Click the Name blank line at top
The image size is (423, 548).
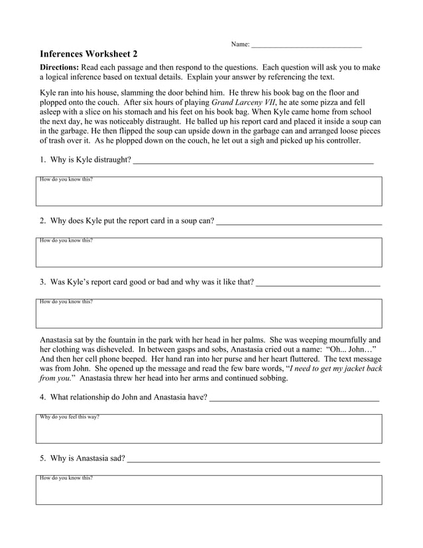pyautogui.click(x=306, y=45)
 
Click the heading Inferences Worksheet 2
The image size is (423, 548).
pyautogui.click(x=89, y=54)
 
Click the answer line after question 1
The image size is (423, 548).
pyautogui.click(x=253, y=161)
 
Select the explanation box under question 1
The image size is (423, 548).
pyautogui.click(x=209, y=192)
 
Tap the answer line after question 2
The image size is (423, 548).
pyautogui.click(x=299, y=222)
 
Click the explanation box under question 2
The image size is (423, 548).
pyautogui.click(x=209, y=253)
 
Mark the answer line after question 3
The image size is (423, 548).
pyautogui.click(x=318, y=283)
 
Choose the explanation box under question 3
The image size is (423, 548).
pyautogui.click(x=209, y=314)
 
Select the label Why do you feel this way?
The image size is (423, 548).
pyautogui.click(x=70, y=417)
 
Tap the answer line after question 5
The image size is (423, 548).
pyautogui.click(x=253, y=459)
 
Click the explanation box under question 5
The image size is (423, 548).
pyautogui.click(x=209, y=490)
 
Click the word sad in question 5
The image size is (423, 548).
pyautogui.click(x=117, y=458)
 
